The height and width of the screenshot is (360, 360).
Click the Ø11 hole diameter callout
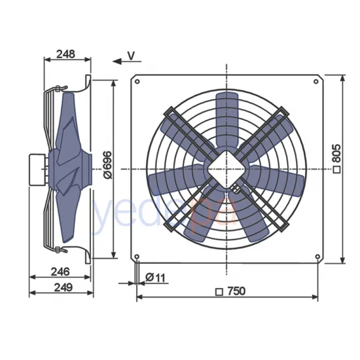pyautogui.click(x=156, y=278)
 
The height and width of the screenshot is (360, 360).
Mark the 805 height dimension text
pyautogui.click(x=336, y=156)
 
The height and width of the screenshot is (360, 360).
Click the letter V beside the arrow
pyautogui.click(x=131, y=56)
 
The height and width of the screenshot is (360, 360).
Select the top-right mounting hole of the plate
pyautogui.click(x=317, y=81)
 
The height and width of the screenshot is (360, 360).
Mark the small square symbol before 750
pyautogui.click(x=219, y=292)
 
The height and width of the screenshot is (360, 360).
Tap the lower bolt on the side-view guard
pyautogui.click(x=60, y=248)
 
